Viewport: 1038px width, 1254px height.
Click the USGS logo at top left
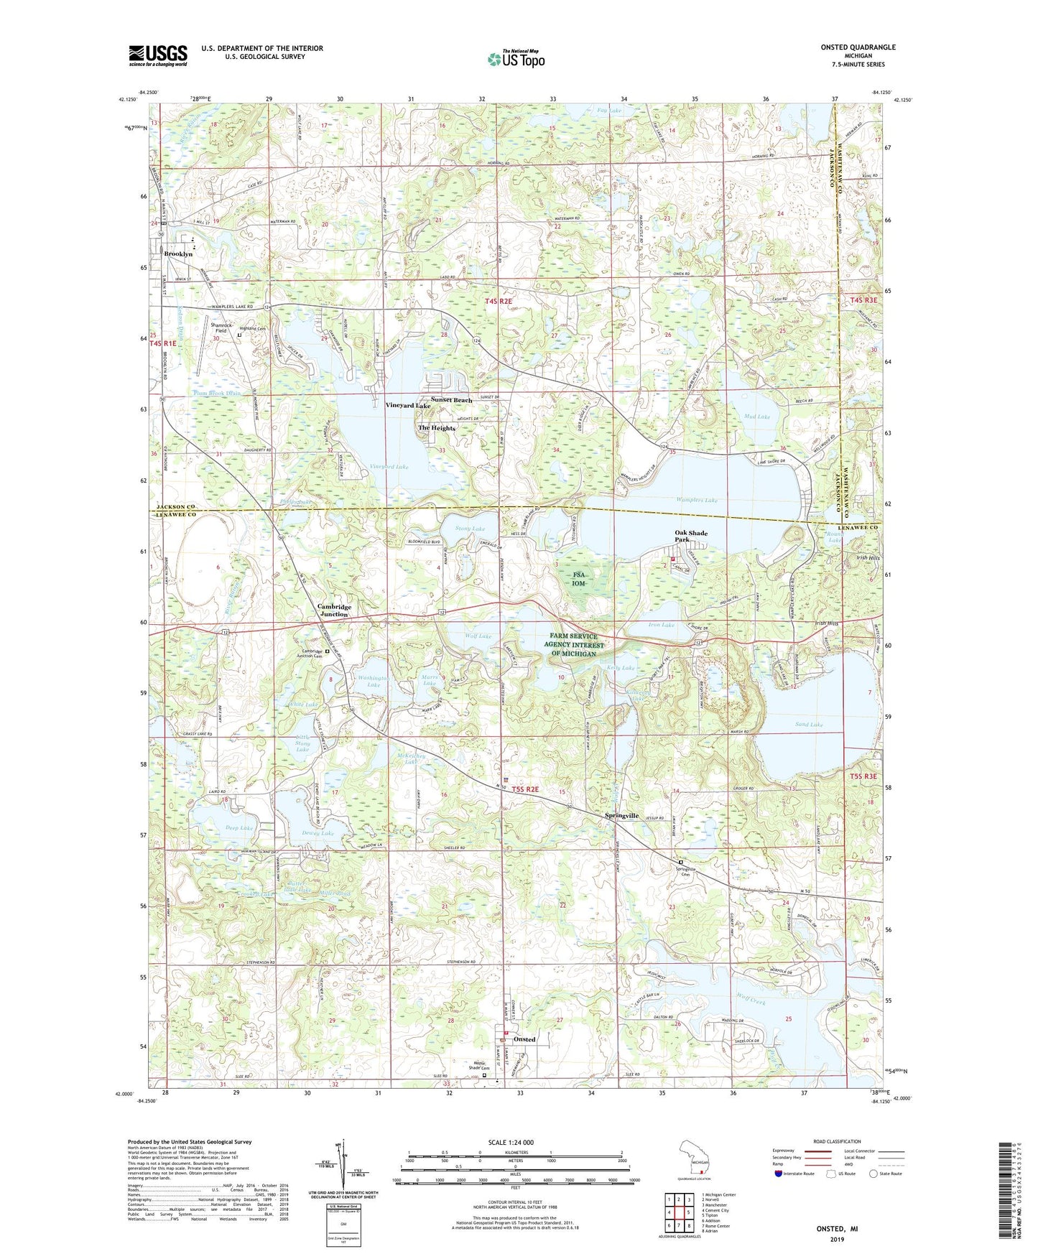[x=157, y=55]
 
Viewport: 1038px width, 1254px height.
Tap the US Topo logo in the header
[x=514, y=60]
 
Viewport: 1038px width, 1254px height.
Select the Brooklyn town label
[x=178, y=254]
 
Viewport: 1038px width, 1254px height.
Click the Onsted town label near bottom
[x=524, y=1039]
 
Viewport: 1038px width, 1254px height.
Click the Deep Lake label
[x=239, y=828]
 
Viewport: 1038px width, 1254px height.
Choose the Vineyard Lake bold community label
[x=407, y=406]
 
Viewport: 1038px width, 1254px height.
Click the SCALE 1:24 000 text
[x=510, y=1142]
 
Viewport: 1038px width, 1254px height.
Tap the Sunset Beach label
[x=451, y=400]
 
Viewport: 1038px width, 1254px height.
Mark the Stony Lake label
[x=470, y=529]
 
